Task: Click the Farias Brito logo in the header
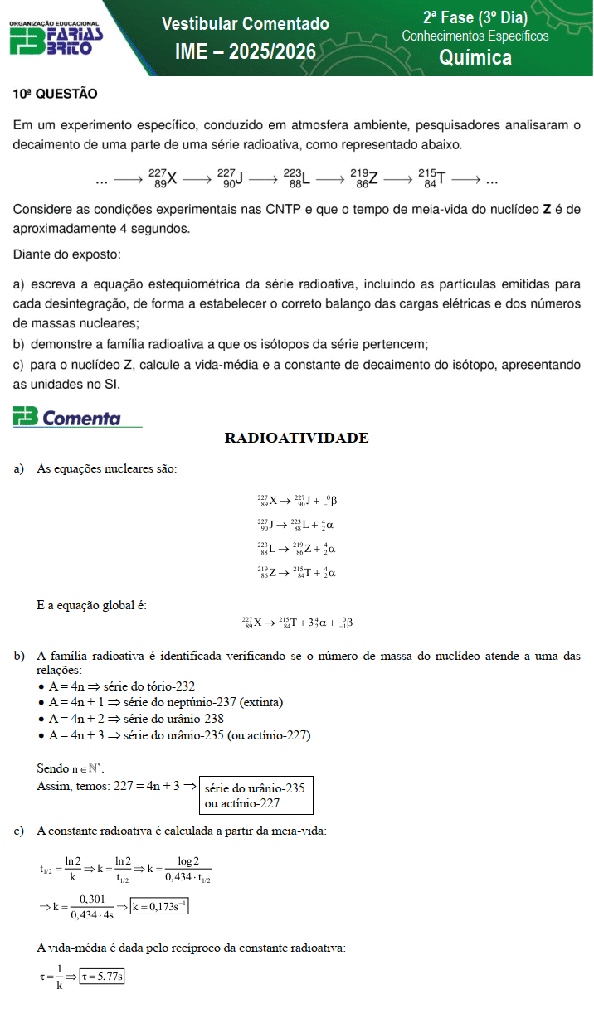click(56, 38)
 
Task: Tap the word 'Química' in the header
click(475, 56)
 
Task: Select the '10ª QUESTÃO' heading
click(55, 95)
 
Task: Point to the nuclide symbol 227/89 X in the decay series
click(163, 177)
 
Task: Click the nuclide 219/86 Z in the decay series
click(364, 177)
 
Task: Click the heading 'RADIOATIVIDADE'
click(296, 439)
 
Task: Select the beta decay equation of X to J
click(296, 501)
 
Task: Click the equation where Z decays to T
click(296, 572)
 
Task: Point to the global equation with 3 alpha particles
click(297, 623)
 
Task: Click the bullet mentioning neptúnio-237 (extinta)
click(165, 702)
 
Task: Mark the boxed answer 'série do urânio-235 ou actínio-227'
click(256, 795)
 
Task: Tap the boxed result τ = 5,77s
click(102, 977)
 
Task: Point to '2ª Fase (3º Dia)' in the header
click(475, 17)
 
